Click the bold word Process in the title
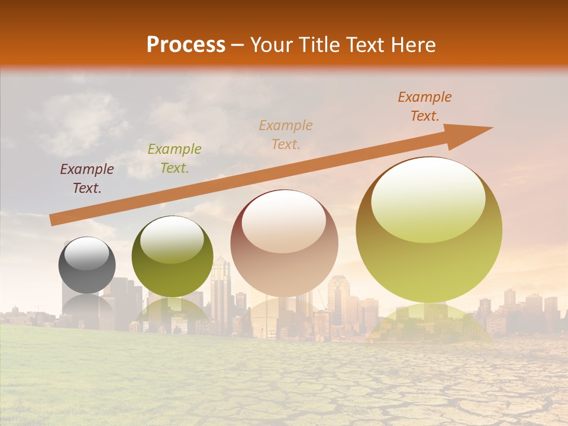coord(186,44)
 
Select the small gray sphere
coord(87,265)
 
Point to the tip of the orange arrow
coord(491,128)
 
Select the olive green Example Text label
coord(174,159)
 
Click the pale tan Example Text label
coord(286,134)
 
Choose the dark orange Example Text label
coord(424,106)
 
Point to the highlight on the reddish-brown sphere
coord(284,220)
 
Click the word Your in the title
coord(270,44)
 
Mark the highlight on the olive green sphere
coord(172,240)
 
